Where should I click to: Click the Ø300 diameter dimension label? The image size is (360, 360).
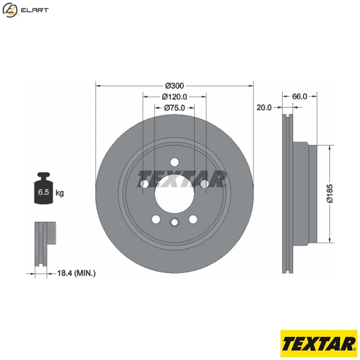174,85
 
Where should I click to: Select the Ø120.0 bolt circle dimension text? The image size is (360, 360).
174,97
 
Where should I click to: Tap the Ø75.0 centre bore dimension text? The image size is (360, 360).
174,108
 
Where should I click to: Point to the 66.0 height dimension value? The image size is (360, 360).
300,96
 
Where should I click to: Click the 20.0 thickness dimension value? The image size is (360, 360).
264,108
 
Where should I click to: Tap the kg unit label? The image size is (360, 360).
60,193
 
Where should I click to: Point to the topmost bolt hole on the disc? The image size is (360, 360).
174,162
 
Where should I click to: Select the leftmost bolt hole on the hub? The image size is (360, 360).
144,184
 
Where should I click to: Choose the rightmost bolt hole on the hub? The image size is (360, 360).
205,184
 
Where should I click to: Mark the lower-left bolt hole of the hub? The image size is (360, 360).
155,219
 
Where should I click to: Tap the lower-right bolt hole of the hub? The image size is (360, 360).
193,219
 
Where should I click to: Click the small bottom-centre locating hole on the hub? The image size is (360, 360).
174,222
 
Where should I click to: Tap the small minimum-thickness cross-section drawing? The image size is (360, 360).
45,244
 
